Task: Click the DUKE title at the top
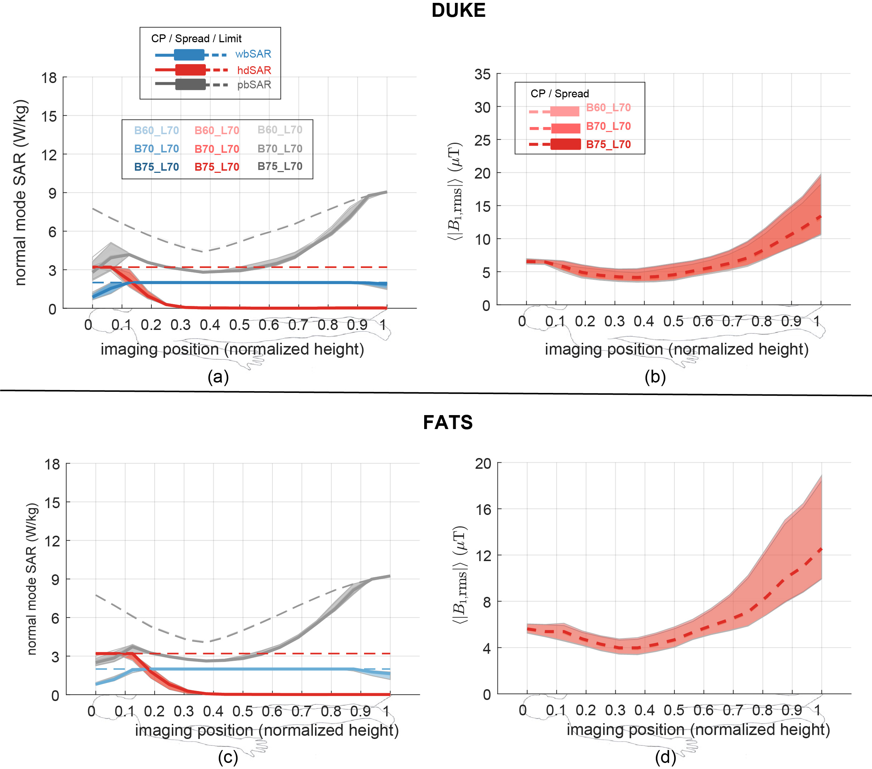[x=458, y=10]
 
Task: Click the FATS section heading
[x=447, y=422]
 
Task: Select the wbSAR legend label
[x=253, y=54]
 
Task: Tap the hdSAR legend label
[x=254, y=70]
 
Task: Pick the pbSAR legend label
[x=254, y=85]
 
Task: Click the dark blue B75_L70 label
[x=156, y=167]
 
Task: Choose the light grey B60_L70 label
[x=280, y=130]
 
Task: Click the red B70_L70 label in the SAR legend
[x=217, y=149]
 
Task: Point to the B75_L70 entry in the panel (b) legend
[x=608, y=145]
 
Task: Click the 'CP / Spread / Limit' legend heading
[x=196, y=39]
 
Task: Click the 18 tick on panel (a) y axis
[x=49, y=78]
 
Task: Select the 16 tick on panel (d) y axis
[x=483, y=510]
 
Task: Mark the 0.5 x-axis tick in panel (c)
[x=243, y=711]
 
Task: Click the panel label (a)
[x=218, y=376]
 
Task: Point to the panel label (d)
[x=665, y=757]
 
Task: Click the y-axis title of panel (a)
[x=21, y=193]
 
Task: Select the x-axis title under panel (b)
[x=676, y=349]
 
